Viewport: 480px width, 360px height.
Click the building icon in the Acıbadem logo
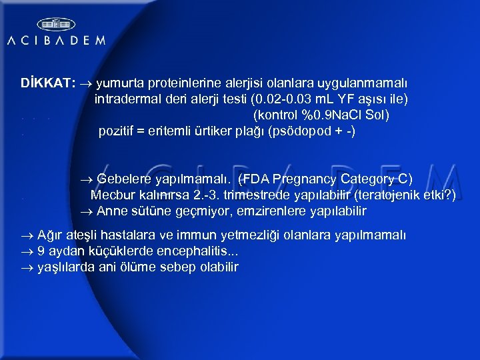tap(55, 25)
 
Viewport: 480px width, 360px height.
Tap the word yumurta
tap(121, 84)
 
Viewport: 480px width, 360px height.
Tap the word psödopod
tap(297, 131)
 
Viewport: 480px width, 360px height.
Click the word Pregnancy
tap(305, 179)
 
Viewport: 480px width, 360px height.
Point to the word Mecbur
tap(112, 195)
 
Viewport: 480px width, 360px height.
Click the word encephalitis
tap(198, 251)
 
